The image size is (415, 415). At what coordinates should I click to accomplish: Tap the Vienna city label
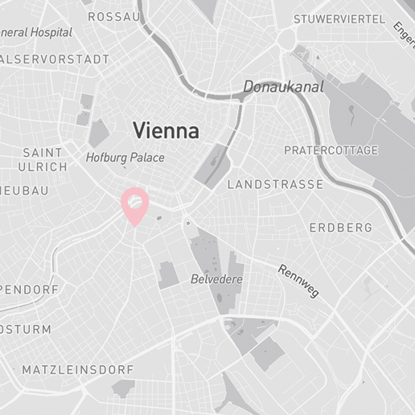166,130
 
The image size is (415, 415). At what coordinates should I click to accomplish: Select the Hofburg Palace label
125,158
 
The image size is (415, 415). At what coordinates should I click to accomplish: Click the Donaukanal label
283,87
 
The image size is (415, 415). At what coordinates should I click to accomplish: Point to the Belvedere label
216,279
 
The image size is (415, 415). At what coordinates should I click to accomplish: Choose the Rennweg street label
298,280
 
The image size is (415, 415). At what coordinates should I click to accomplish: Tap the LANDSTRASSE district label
275,185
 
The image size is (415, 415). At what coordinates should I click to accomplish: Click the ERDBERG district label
341,228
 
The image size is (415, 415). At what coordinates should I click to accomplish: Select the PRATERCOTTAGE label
331,150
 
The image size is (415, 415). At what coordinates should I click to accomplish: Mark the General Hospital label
36,33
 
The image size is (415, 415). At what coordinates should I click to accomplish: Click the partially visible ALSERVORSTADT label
55,60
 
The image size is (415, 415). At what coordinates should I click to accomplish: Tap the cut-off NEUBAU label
24,191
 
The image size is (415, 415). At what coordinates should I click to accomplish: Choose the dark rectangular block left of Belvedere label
169,274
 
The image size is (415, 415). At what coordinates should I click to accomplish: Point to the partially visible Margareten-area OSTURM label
26,330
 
